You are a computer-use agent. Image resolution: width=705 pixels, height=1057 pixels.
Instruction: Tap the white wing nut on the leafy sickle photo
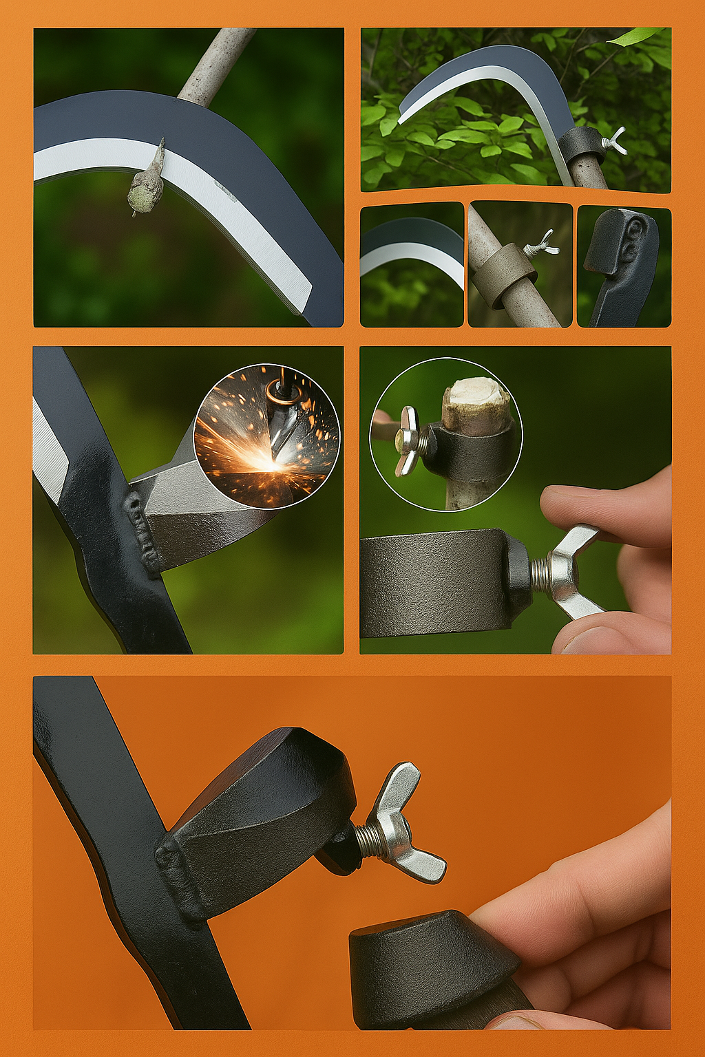pos(615,141)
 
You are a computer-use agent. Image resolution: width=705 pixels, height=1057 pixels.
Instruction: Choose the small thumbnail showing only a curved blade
pos(412,264)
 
